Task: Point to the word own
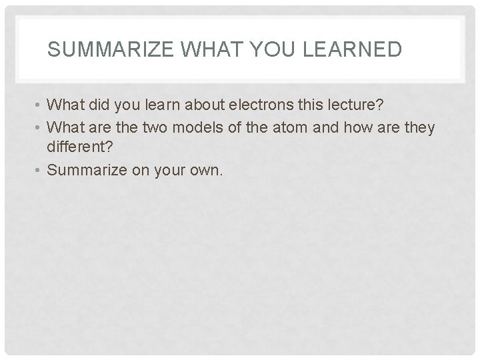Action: point(209,169)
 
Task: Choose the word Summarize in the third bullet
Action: point(89,169)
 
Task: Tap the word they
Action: point(418,127)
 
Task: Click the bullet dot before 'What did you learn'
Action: point(41,105)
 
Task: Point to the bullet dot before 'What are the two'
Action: point(41,127)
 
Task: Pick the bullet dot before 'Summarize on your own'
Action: point(41,170)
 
